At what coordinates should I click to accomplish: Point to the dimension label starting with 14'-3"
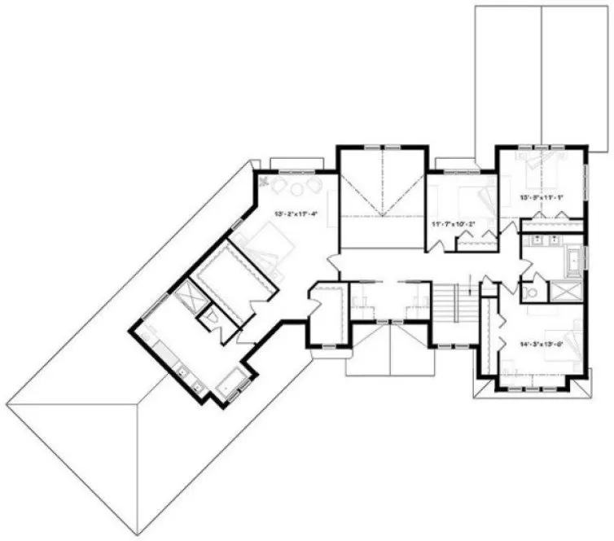(x=542, y=343)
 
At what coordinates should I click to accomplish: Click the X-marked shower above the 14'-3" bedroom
(x=564, y=292)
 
